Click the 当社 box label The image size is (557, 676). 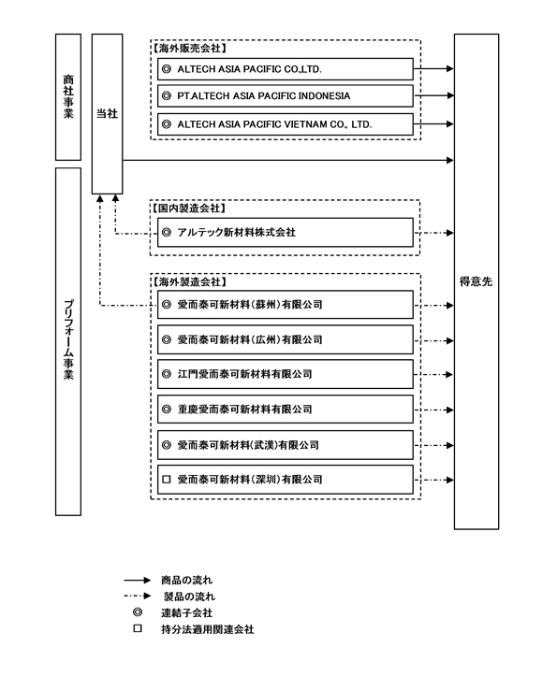point(107,113)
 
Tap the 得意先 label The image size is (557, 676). point(476,281)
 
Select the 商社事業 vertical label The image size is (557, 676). point(68,96)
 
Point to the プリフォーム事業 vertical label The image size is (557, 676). point(68,339)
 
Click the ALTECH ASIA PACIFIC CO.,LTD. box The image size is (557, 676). point(285,69)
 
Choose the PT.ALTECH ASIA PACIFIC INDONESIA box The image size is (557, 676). point(285,95)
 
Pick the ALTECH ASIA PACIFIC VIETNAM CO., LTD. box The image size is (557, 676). point(285,124)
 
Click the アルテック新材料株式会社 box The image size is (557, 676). point(285,233)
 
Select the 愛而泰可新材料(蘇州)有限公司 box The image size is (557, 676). point(285,305)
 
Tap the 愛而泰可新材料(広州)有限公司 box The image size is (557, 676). point(285,339)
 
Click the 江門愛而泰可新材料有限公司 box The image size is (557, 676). point(285,374)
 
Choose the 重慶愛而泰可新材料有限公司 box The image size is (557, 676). point(285,410)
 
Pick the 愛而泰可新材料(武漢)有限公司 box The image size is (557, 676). point(285,445)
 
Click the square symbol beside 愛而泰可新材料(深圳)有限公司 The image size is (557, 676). point(167,480)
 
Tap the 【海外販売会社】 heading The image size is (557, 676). point(189,49)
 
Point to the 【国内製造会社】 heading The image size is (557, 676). point(189,209)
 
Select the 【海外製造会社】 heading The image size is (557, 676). point(189,282)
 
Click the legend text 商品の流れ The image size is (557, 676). point(187,580)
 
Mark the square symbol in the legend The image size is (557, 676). point(138,628)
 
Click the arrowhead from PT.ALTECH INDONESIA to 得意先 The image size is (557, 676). point(450,95)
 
